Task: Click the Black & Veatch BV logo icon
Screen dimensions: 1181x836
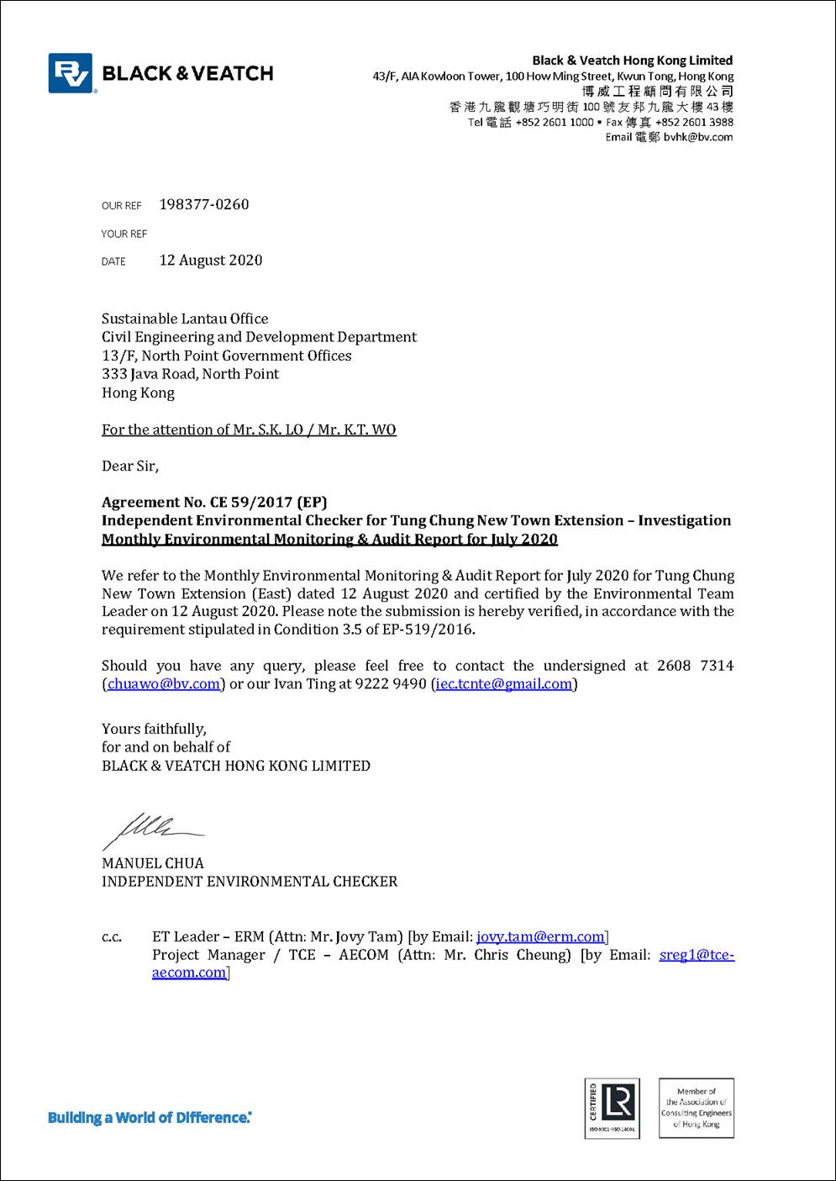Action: pos(71,73)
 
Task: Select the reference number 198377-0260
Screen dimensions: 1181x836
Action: pos(204,204)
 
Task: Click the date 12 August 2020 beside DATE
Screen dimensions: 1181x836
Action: pos(211,261)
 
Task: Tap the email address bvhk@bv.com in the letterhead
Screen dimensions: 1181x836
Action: pos(697,137)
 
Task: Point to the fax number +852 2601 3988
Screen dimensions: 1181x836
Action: pos(694,122)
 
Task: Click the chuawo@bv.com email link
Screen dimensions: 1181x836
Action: pos(164,684)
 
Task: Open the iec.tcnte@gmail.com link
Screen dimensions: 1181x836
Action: pos(504,684)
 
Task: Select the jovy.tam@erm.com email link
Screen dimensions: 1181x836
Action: pos(540,936)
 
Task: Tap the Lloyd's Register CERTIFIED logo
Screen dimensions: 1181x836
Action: pos(612,1108)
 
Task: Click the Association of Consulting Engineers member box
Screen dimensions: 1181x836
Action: pos(696,1108)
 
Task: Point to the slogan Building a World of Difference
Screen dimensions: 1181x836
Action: pos(150,1118)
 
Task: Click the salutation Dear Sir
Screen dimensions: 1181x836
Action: pos(130,466)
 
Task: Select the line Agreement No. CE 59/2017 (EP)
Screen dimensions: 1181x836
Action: pos(214,503)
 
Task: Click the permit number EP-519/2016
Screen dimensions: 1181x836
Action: pos(428,630)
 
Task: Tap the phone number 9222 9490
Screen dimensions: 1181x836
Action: pos(391,684)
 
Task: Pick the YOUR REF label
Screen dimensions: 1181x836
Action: pos(124,234)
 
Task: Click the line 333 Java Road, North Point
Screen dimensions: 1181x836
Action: pos(191,374)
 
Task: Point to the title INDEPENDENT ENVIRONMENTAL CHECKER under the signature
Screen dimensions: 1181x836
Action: pos(250,882)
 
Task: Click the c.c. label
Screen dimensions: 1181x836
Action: pos(112,937)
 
